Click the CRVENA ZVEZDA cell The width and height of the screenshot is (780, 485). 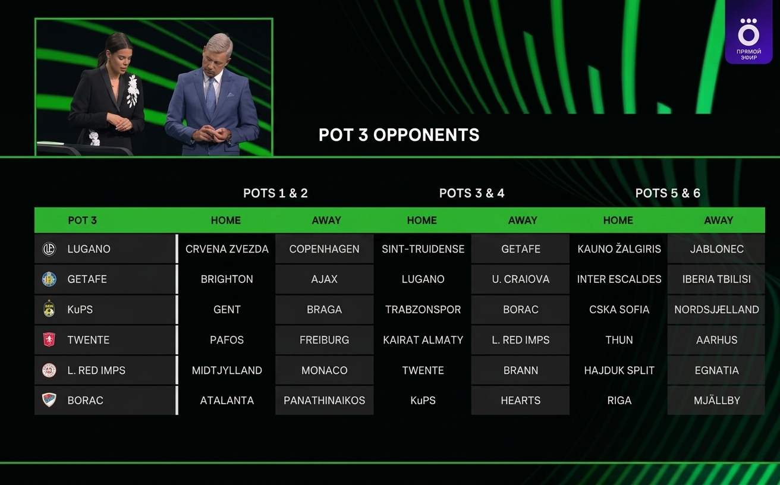(227, 248)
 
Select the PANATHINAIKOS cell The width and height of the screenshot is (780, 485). (324, 400)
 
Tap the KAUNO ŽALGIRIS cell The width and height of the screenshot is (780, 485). (619, 248)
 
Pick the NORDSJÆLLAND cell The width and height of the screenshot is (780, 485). (716, 309)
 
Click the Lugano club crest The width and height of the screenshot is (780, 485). (49, 249)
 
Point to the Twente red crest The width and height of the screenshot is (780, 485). (49, 340)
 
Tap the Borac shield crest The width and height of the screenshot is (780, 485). (49, 400)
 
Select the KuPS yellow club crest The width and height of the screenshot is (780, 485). (49, 309)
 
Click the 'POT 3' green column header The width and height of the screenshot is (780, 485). (82, 220)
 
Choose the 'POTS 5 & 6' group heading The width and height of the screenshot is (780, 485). (668, 193)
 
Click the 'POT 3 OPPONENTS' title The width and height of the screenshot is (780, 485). (399, 135)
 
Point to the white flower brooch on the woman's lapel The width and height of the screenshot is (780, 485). (133, 90)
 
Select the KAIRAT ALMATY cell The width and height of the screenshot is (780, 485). (423, 339)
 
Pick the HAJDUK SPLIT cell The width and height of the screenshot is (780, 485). (619, 370)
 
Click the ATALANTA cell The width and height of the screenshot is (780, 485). (227, 400)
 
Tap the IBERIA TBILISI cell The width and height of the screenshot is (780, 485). (716, 279)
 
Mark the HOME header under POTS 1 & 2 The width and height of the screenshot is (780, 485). (226, 220)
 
